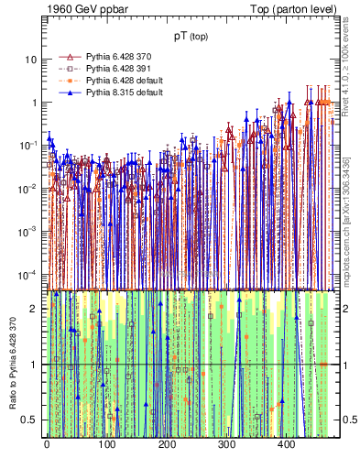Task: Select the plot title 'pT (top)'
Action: point(191,38)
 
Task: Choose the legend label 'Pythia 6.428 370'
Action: point(122,57)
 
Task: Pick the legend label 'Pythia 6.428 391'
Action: point(122,69)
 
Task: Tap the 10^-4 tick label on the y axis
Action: point(28,275)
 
